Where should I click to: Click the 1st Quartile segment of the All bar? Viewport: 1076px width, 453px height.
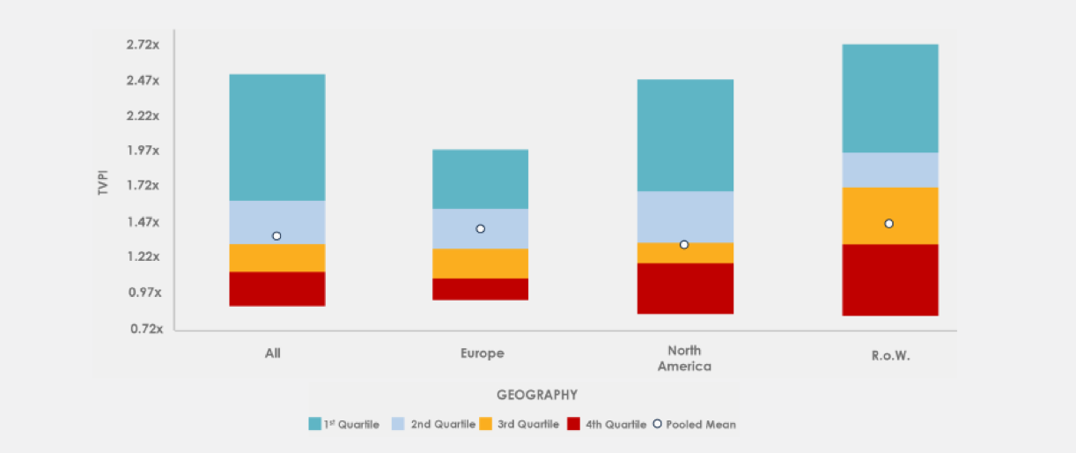(276, 137)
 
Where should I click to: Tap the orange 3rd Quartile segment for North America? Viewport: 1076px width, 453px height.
(684, 253)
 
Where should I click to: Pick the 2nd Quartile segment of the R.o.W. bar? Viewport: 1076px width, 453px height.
(889, 170)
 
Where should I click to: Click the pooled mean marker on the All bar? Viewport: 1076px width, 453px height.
(276, 236)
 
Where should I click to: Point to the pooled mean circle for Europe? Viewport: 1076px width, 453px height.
(480, 229)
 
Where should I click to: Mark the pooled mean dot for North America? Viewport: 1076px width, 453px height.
(684, 244)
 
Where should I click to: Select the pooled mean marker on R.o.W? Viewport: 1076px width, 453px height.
(889, 224)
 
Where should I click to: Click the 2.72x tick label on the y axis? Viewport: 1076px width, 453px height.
(142, 44)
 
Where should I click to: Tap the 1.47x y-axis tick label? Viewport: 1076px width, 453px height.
(142, 222)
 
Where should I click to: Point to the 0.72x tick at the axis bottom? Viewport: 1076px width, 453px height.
(142, 329)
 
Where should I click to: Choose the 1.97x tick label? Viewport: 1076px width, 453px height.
(142, 151)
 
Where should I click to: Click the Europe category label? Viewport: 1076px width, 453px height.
(482, 353)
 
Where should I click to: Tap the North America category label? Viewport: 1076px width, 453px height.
(684, 359)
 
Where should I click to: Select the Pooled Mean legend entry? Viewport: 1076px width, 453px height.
(695, 424)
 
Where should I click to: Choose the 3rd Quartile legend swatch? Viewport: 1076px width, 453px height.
(485, 424)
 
